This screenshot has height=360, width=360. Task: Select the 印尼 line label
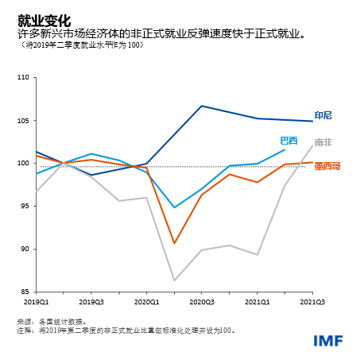point(323,116)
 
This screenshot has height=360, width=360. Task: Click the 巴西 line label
point(288,141)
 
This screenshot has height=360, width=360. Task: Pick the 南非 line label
point(323,142)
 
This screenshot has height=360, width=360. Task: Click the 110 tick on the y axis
point(21,78)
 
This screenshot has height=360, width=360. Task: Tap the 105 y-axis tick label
point(21,121)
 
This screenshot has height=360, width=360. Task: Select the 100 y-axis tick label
point(21,164)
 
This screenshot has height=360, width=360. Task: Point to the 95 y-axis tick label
point(24,206)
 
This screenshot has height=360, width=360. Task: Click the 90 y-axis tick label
point(24,249)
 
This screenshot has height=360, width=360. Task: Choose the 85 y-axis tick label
point(24,292)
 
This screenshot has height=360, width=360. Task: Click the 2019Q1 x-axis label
point(37,303)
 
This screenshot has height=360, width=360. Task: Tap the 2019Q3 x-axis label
point(91,303)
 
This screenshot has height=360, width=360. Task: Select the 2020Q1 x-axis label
point(147,303)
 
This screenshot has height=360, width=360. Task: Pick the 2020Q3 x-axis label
point(202,303)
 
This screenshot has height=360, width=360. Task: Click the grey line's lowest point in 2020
point(174,280)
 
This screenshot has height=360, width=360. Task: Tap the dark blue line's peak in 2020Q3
point(202,106)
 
